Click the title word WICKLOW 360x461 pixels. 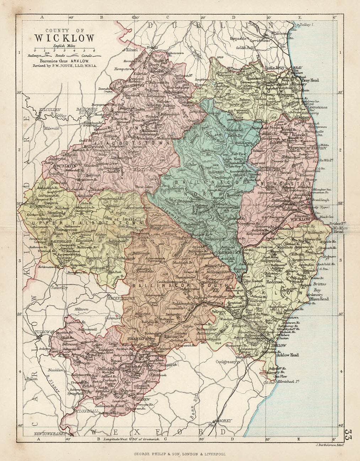(64, 38)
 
